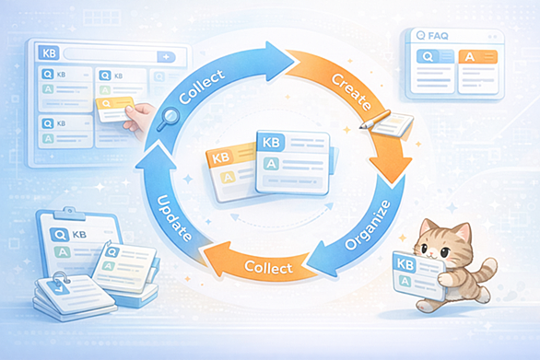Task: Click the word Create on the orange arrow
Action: (351, 92)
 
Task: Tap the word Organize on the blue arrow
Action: (369, 225)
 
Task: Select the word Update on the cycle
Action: (174, 218)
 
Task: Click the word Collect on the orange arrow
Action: (268, 267)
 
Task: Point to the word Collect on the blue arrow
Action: (202, 87)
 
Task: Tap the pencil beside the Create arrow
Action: (375, 119)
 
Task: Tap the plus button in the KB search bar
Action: (166, 57)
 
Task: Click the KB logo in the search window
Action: (49, 53)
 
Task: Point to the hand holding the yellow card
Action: (137, 119)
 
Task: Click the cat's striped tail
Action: (487, 271)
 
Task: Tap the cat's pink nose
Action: (430, 254)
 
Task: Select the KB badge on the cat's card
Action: (405, 263)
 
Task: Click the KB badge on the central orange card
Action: (220, 158)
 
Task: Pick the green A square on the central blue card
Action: (271, 164)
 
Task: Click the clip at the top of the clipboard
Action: (69, 213)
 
